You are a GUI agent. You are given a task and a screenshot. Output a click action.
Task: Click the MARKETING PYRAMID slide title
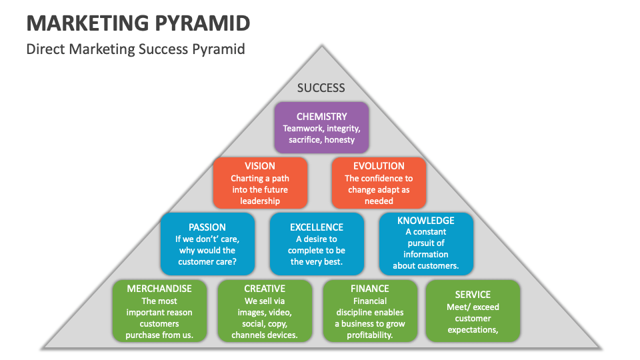click(x=138, y=23)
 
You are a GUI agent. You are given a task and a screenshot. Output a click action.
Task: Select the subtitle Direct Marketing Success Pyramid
click(x=135, y=49)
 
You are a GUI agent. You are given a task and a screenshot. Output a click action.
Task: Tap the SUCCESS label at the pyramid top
click(x=321, y=87)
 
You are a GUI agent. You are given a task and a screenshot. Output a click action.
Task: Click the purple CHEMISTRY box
click(x=321, y=127)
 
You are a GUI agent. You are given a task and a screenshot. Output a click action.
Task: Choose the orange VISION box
click(x=260, y=182)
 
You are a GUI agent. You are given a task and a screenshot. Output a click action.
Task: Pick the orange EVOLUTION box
click(x=378, y=182)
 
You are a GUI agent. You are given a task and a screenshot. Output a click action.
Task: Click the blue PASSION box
click(x=207, y=243)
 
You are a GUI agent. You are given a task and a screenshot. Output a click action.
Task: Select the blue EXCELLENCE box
click(x=317, y=243)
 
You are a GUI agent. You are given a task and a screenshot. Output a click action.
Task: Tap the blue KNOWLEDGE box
click(x=426, y=243)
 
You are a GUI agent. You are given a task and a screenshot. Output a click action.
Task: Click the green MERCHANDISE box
click(x=159, y=311)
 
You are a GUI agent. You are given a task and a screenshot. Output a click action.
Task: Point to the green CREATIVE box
click(x=265, y=311)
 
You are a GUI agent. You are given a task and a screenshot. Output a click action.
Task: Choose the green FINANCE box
click(x=369, y=311)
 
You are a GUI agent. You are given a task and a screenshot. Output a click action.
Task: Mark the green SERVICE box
click(x=473, y=311)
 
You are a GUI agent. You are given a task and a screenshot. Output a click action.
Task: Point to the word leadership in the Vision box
click(x=260, y=201)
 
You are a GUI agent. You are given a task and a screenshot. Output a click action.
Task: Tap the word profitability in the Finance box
click(x=369, y=335)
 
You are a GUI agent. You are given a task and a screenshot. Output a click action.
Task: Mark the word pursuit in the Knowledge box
click(x=426, y=243)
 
